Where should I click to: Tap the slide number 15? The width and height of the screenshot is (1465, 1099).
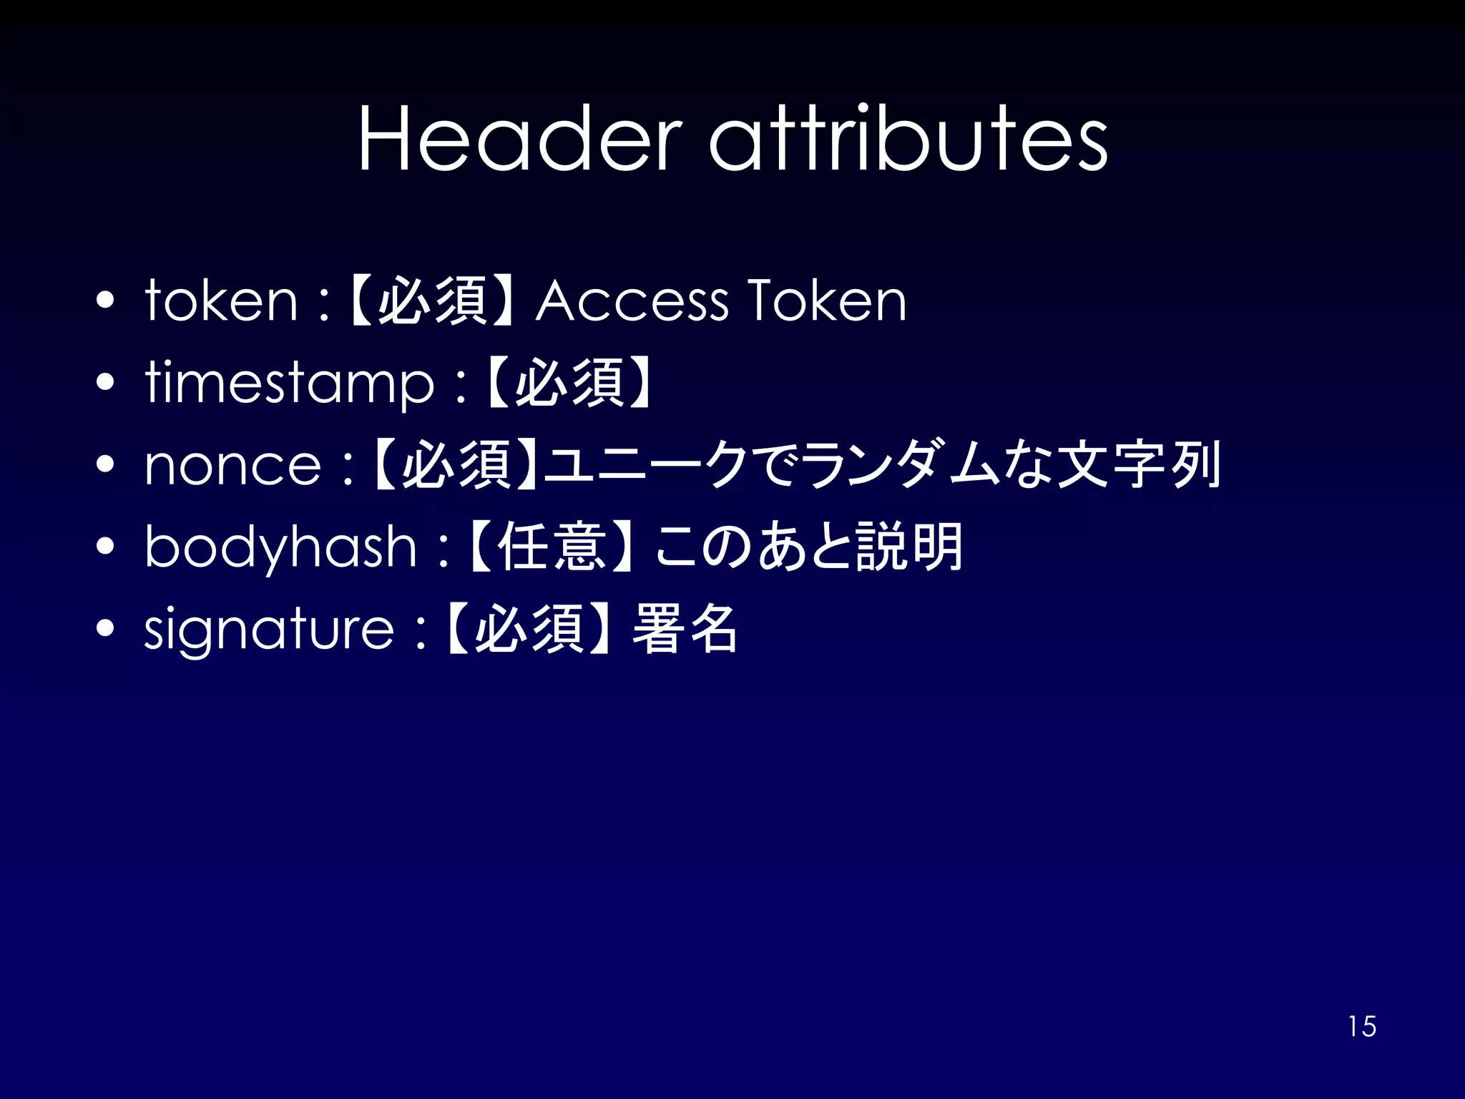coord(1362,1027)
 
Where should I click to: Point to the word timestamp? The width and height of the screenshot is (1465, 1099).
coord(290,384)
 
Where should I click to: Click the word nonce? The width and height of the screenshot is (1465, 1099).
coord(233,466)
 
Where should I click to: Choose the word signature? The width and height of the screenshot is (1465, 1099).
coord(269,630)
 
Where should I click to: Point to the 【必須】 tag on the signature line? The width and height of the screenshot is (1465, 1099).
coord(528,630)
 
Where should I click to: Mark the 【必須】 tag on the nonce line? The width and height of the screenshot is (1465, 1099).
coord(456,466)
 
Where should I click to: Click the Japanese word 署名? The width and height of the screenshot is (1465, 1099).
coord(685,630)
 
